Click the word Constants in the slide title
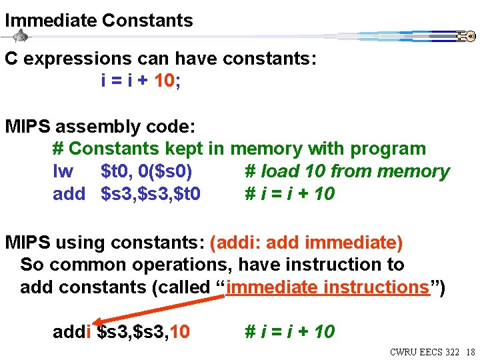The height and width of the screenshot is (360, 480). [x=147, y=21]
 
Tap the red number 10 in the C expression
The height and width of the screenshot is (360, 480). [x=165, y=81]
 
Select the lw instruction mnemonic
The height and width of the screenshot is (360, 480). [x=63, y=171]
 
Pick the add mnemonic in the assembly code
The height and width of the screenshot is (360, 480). [x=69, y=194]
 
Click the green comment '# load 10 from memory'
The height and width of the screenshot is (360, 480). [x=347, y=171]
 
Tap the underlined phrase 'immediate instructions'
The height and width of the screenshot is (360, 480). [x=327, y=287]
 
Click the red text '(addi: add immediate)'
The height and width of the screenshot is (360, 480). [x=306, y=243]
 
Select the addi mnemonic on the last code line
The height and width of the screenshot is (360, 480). [x=71, y=331]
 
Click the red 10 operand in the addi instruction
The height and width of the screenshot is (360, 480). [x=180, y=331]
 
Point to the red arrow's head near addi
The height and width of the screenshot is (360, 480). [x=95, y=323]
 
